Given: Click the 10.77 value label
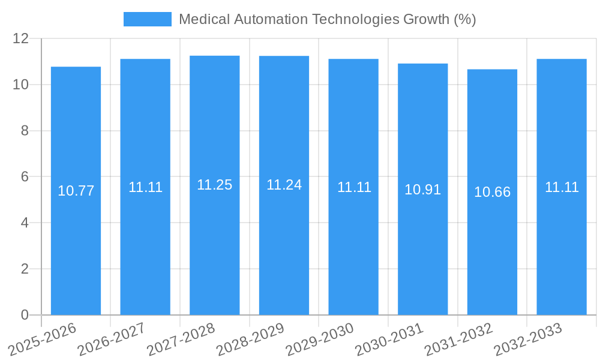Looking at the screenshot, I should click(x=76, y=191).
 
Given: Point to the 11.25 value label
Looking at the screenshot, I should click(x=214, y=185).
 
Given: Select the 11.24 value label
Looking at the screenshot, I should click(x=284, y=185).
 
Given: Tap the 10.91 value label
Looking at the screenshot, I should click(x=422, y=190).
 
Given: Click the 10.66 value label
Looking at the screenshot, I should click(x=492, y=192).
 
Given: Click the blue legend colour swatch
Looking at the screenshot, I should click(x=147, y=19).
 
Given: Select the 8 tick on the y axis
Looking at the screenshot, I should click(x=25, y=131).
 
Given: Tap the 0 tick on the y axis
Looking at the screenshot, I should click(x=25, y=315).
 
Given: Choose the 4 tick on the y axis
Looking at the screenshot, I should click(x=25, y=223).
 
